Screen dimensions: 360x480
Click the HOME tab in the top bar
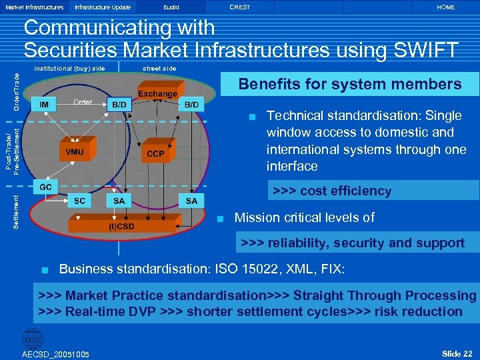tap(445, 7)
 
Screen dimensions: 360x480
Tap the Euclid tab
tap(171, 7)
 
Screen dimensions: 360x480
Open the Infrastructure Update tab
tap(103, 7)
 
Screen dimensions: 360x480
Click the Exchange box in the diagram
tap(158, 94)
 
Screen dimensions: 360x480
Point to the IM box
tap(44, 105)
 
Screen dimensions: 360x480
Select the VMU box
tap(75, 152)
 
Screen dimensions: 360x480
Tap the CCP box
tap(155, 154)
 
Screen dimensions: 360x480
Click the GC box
tap(46, 186)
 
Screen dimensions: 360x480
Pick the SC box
tap(79, 201)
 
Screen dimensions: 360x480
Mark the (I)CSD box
tap(121, 226)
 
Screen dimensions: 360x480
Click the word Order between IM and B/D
tap(83, 102)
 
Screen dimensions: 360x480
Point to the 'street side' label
tap(159, 68)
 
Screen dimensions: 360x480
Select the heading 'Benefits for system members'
tap(350, 84)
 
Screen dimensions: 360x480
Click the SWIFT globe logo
tap(32, 339)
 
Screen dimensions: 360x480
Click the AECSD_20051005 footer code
tap(56, 353)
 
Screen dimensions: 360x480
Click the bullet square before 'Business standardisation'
tap(45, 270)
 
